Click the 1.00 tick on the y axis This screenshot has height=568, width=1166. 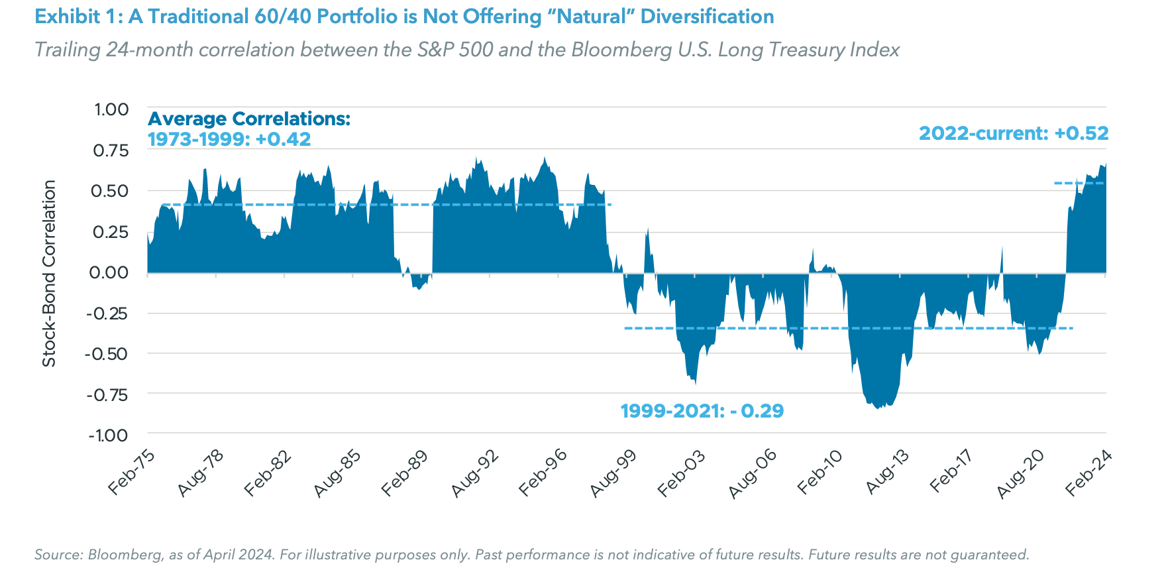[111, 109]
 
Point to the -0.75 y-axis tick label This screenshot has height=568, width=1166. [107, 395]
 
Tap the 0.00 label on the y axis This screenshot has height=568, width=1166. [109, 272]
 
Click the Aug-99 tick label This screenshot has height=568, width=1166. [613, 473]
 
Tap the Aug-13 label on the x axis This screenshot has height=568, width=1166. [887, 473]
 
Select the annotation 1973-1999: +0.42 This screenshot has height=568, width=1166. [229, 139]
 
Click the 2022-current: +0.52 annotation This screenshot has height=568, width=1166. [1013, 133]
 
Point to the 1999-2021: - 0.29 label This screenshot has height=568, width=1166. [702, 411]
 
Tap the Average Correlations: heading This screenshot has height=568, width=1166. [248, 119]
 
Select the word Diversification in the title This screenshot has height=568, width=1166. [707, 17]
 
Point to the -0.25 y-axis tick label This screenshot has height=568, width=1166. [107, 313]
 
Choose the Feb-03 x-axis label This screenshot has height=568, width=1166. [681, 473]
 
